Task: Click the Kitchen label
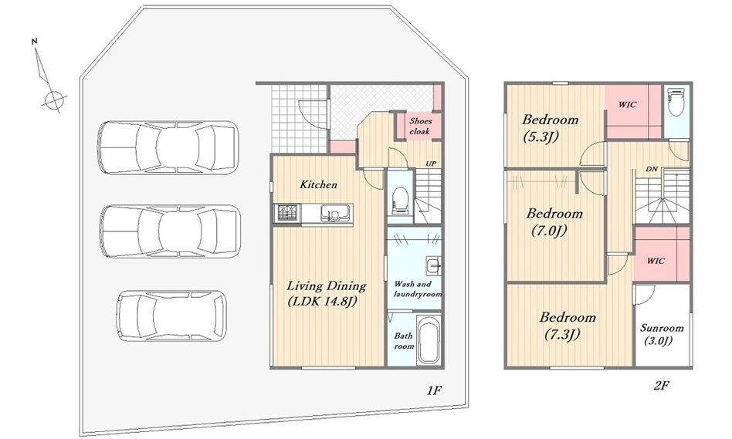[x=318, y=184]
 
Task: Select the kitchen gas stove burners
[x=288, y=213]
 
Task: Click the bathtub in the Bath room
[x=429, y=340]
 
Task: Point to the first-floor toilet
[x=400, y=201]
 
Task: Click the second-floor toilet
[x=675, y=103]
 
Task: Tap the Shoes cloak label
[x=420, y=126]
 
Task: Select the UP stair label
[x=431, y=164]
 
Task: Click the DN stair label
[x=652, y=169]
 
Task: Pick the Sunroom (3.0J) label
[x=662, y=333]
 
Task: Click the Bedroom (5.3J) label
[x=550, y=127]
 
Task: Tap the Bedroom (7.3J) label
[x=568, y=326]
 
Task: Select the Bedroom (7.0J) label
[x=554, y=221]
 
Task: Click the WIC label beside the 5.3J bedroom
[x=627, y=105]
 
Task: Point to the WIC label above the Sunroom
[x=656, y=261]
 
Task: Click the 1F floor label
[x=434, y=390]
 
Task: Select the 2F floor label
[x=663, y=385]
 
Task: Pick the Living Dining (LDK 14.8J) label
[x=326, y=293]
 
